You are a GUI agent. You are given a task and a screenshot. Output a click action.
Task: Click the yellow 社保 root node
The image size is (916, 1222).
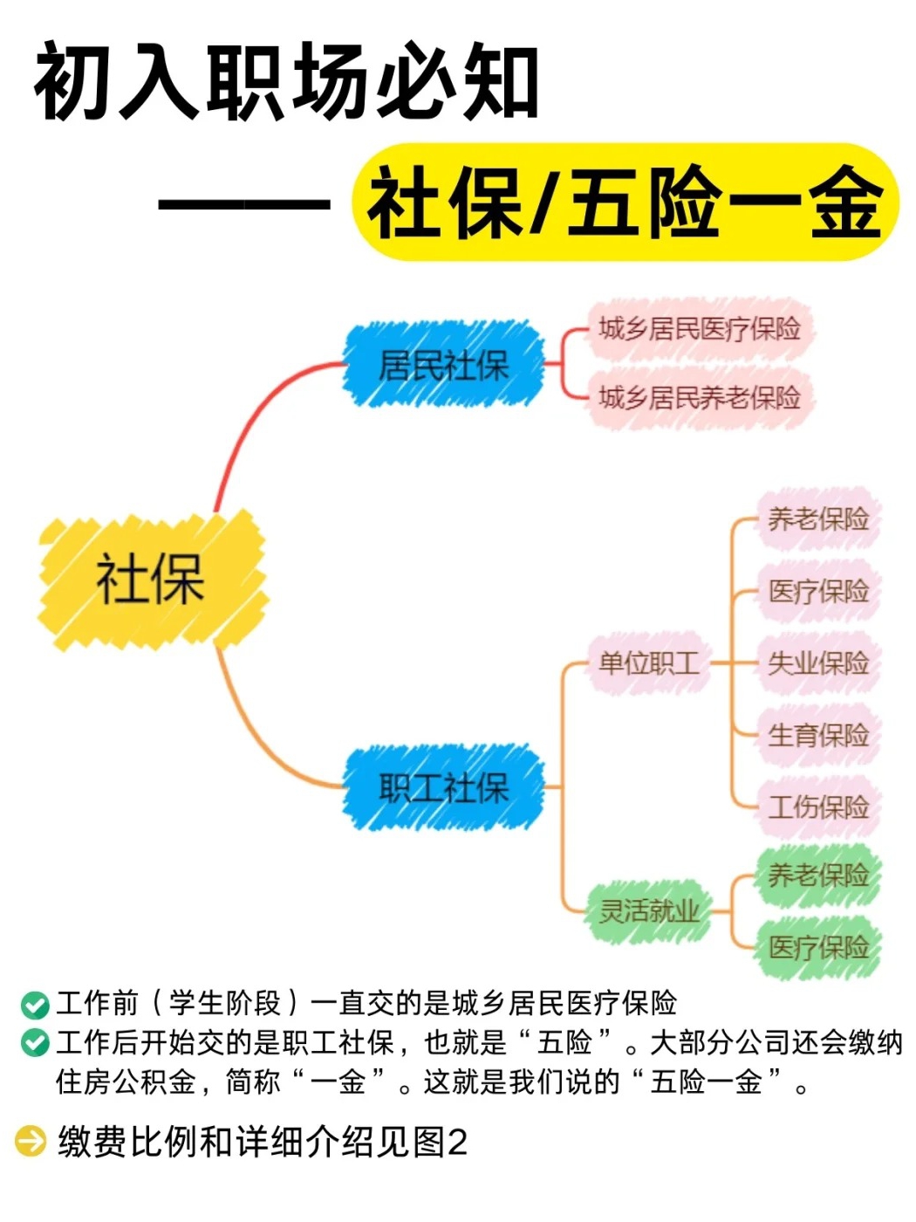tap(150, 580)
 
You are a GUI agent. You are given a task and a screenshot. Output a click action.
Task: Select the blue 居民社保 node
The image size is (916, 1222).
tap(443, 365)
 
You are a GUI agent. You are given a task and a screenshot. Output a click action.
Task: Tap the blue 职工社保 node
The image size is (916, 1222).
tap(443, 787)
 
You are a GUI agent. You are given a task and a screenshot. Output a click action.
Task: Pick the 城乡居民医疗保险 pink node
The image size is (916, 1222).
tap(699, 329)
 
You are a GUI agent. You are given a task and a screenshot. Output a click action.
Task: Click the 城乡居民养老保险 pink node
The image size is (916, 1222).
tap(699, 398)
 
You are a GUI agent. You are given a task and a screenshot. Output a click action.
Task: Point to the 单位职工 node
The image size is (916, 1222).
tap(648, 663)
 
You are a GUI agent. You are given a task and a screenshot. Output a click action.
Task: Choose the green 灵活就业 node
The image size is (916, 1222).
tap(648, 911)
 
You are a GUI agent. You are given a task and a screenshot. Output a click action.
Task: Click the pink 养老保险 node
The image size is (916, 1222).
tap(817, 519)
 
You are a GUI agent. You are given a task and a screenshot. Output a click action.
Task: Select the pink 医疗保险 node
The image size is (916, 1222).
tap(817, 591)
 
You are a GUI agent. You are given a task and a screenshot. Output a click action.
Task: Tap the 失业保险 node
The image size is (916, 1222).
tap(817, 663)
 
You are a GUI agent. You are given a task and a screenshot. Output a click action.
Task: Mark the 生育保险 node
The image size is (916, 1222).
tap(817, 735)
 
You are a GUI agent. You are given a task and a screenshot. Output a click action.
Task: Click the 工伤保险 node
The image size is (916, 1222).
tap(817, 807)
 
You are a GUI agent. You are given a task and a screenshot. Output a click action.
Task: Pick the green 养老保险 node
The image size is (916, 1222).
tap(817, 875)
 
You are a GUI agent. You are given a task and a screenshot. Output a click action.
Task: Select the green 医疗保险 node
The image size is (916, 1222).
tap(817, 947)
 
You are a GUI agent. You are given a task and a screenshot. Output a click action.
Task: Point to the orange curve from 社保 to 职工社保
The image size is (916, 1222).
tap(253, 733)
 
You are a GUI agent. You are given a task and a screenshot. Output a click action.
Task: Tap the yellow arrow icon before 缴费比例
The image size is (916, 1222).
tap(31, 1141)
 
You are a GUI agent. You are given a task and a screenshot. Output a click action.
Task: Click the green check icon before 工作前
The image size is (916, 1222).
tap(34, 1005)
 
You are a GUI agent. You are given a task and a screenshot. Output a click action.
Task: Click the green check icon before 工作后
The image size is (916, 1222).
tap(34, 1043)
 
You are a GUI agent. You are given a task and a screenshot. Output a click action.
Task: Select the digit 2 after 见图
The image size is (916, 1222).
tap(457, 1142)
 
